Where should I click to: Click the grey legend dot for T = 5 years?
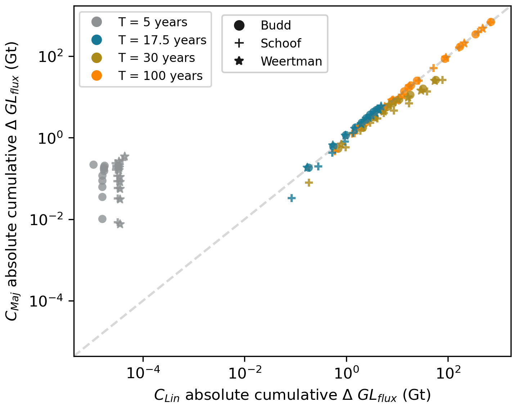tap(96, 22)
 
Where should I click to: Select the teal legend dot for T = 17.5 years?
tap(96, 40)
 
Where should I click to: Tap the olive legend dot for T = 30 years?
tap(96, 58)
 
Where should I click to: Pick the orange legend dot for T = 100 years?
tap(96, 76)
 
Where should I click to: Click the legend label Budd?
tap(275, 25)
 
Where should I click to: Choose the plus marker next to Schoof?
tap(239, 43)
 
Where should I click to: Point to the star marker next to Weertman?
tap(239, 61)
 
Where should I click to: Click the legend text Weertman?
tap(291, 61)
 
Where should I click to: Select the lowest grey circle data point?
tap(102, 219)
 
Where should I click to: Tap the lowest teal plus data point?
tap(292, 198)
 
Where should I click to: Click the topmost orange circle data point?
tap(490, 22)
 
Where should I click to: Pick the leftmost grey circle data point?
tap(93, 165)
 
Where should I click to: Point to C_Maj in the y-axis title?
tap(12, 306)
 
